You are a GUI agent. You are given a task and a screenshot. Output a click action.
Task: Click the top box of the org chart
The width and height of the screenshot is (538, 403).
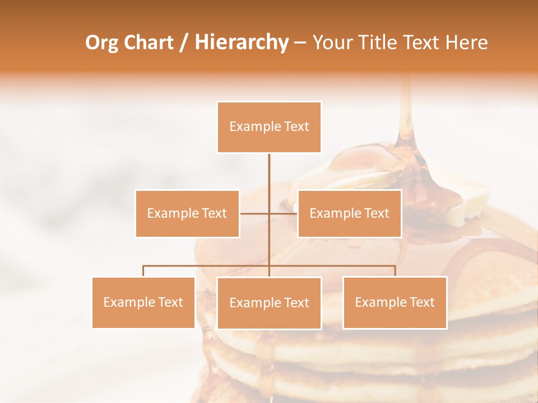(x=269, y=127)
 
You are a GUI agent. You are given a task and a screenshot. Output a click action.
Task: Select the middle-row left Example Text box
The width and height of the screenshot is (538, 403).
(x=187, y=213)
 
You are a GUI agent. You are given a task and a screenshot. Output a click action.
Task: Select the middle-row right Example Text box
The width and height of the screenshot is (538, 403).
(x=349, y=213)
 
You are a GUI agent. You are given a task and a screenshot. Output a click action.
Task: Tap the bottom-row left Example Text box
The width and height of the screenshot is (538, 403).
(x=143, y=302)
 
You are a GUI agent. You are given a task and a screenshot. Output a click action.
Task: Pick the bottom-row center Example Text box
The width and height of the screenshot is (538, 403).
(x=269, y=303)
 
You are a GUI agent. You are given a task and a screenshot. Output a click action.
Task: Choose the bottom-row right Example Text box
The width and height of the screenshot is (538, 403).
(x=395, y=302)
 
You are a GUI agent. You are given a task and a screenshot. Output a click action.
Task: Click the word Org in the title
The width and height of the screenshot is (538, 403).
(x=102, y=43)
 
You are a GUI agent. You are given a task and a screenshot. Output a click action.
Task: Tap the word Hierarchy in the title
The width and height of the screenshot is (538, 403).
(x=241, y=43)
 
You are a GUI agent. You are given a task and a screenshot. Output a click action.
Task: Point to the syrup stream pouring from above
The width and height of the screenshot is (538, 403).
(x=405, y=112)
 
